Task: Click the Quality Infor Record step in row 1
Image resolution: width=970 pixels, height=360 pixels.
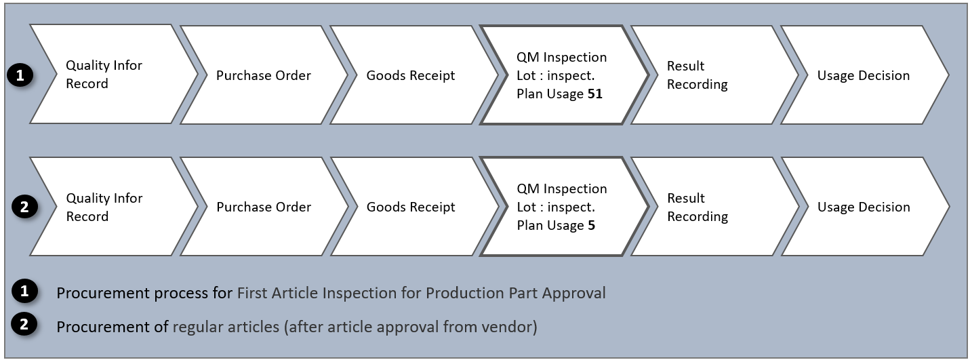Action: (104, 75)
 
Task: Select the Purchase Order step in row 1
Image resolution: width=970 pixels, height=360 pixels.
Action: (264, 75)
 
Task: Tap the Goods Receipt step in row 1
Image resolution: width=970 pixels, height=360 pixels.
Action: (411, 75)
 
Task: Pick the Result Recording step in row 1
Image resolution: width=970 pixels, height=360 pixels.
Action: (697, 75)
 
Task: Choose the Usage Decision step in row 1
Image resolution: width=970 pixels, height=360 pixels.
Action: (863, 75)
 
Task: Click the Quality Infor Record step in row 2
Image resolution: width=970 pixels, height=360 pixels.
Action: (104, 207)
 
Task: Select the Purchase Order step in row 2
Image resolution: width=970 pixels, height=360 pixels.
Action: (264, 207)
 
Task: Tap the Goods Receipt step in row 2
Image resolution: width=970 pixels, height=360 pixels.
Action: (411, 207)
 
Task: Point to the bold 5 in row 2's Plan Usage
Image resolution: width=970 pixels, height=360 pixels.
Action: (591, 226)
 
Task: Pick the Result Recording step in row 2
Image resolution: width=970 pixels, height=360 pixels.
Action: (697, 207)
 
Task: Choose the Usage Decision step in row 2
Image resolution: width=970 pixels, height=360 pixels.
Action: (863, 207)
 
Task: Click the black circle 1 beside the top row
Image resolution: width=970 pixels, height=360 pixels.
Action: (20, 76)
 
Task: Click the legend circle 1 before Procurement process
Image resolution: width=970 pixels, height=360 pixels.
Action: (25, 292)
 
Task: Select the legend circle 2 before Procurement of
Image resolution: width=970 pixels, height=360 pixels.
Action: (25, 325)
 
